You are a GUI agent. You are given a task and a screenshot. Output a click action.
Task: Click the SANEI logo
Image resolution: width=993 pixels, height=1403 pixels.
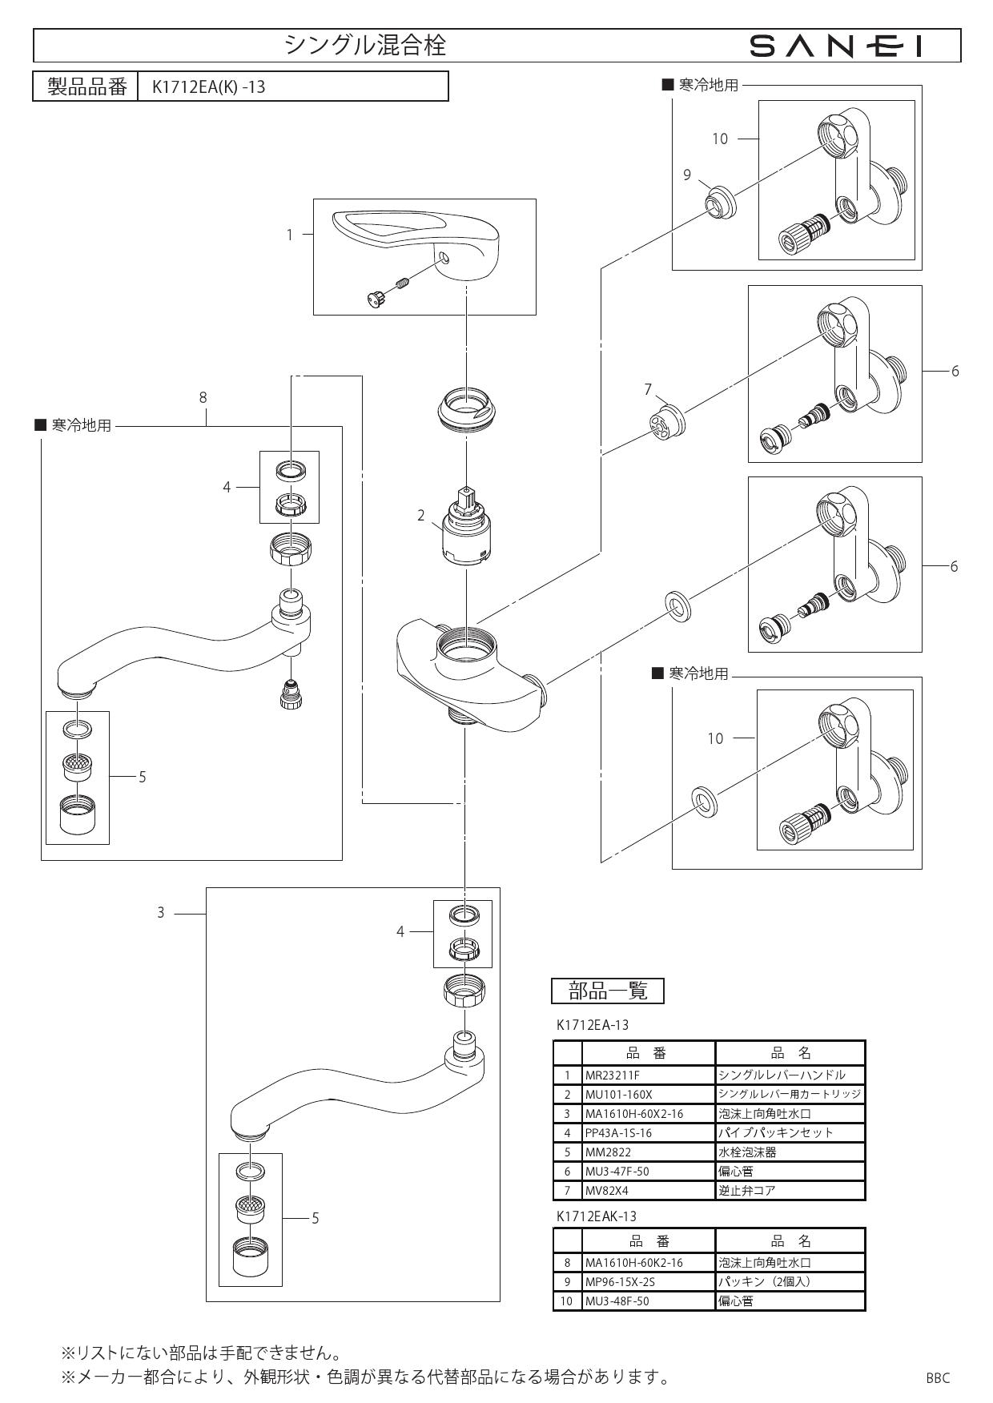click(x=836, y=47)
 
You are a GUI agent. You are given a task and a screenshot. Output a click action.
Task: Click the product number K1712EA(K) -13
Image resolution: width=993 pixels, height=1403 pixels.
click(x=209, y=86)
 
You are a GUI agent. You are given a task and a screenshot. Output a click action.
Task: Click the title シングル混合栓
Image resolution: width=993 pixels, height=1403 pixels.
click(x=366, y=46)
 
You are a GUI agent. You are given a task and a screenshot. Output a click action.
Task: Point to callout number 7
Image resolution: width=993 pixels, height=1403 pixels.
click(x=648, y=389)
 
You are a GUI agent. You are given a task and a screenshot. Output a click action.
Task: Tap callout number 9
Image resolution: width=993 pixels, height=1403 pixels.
click(x=686, y=175)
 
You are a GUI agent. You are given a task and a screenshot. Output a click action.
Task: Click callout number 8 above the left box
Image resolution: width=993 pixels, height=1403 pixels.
click(x=203, y=397)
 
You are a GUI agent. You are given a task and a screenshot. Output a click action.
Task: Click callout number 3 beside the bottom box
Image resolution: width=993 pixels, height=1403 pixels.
click(x=160, y=912)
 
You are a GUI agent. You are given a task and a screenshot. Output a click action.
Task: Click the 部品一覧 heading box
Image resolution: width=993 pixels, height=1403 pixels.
click(x=608, y=991)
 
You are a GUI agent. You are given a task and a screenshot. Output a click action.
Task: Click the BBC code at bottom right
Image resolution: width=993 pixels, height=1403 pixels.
click(x=937, y=1378)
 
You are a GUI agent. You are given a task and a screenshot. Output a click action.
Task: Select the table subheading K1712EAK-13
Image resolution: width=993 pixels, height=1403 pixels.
click(x=596, y=1216)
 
